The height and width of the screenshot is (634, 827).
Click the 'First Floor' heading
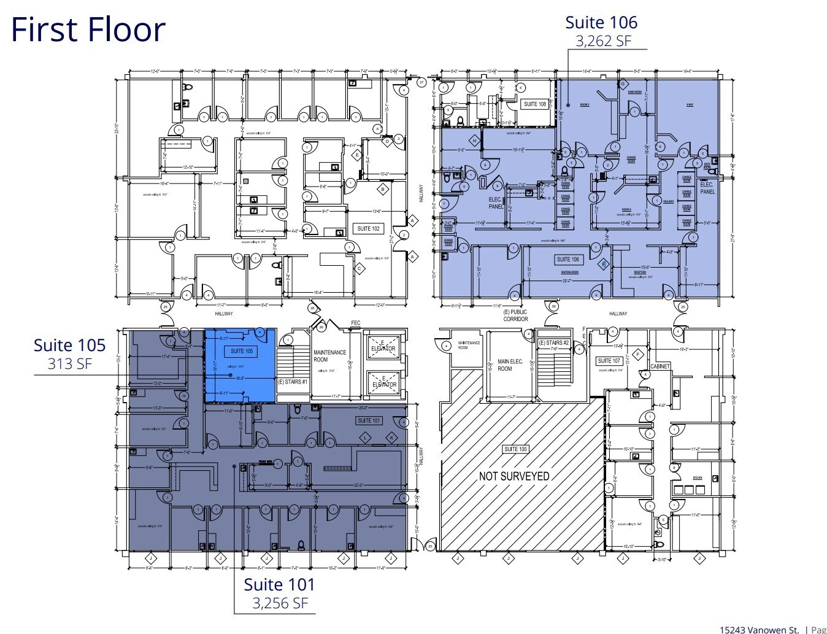[x=88, y=29]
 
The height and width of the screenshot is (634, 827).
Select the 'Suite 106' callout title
[x=601, y=22]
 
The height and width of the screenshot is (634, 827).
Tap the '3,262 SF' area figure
[x=603, y=41]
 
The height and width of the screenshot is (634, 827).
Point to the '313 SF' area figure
[x=70, y=363]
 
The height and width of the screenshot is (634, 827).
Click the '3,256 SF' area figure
[x=280, y=603]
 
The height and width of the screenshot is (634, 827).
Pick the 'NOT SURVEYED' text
[x=514, y=476]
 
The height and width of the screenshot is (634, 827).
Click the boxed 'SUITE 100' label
[x=515, y=449]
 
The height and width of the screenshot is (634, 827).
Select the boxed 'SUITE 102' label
[x=368, y=228]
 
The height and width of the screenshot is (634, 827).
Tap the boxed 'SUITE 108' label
[x=534, y=104]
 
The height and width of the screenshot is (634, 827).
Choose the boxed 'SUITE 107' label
[x=609, y=360]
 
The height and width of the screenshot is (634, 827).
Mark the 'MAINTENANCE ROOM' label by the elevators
[x=329, y=356]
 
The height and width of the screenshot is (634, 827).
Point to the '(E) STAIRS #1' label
[x=292, y=382]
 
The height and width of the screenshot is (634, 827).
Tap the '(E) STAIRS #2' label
[x=554, y=342]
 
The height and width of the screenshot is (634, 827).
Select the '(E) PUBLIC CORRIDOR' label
[x=515, y=315]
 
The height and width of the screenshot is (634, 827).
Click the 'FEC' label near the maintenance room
[x=355, y=323]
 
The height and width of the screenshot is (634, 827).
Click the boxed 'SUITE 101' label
[x=369, y=420]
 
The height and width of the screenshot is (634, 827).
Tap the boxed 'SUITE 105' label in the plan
[x=242, y=351]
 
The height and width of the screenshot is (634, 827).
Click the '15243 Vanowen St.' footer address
[x=759, y=629]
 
